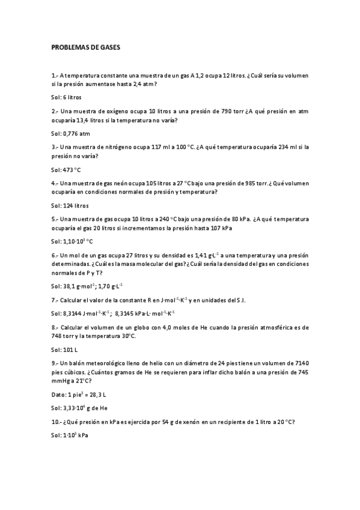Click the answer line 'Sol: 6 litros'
click(66, 97)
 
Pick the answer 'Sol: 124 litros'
click(70, 206)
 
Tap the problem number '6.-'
click(55, 255)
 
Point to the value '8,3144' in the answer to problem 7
click(73, 313)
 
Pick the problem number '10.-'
click(57, 422)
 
